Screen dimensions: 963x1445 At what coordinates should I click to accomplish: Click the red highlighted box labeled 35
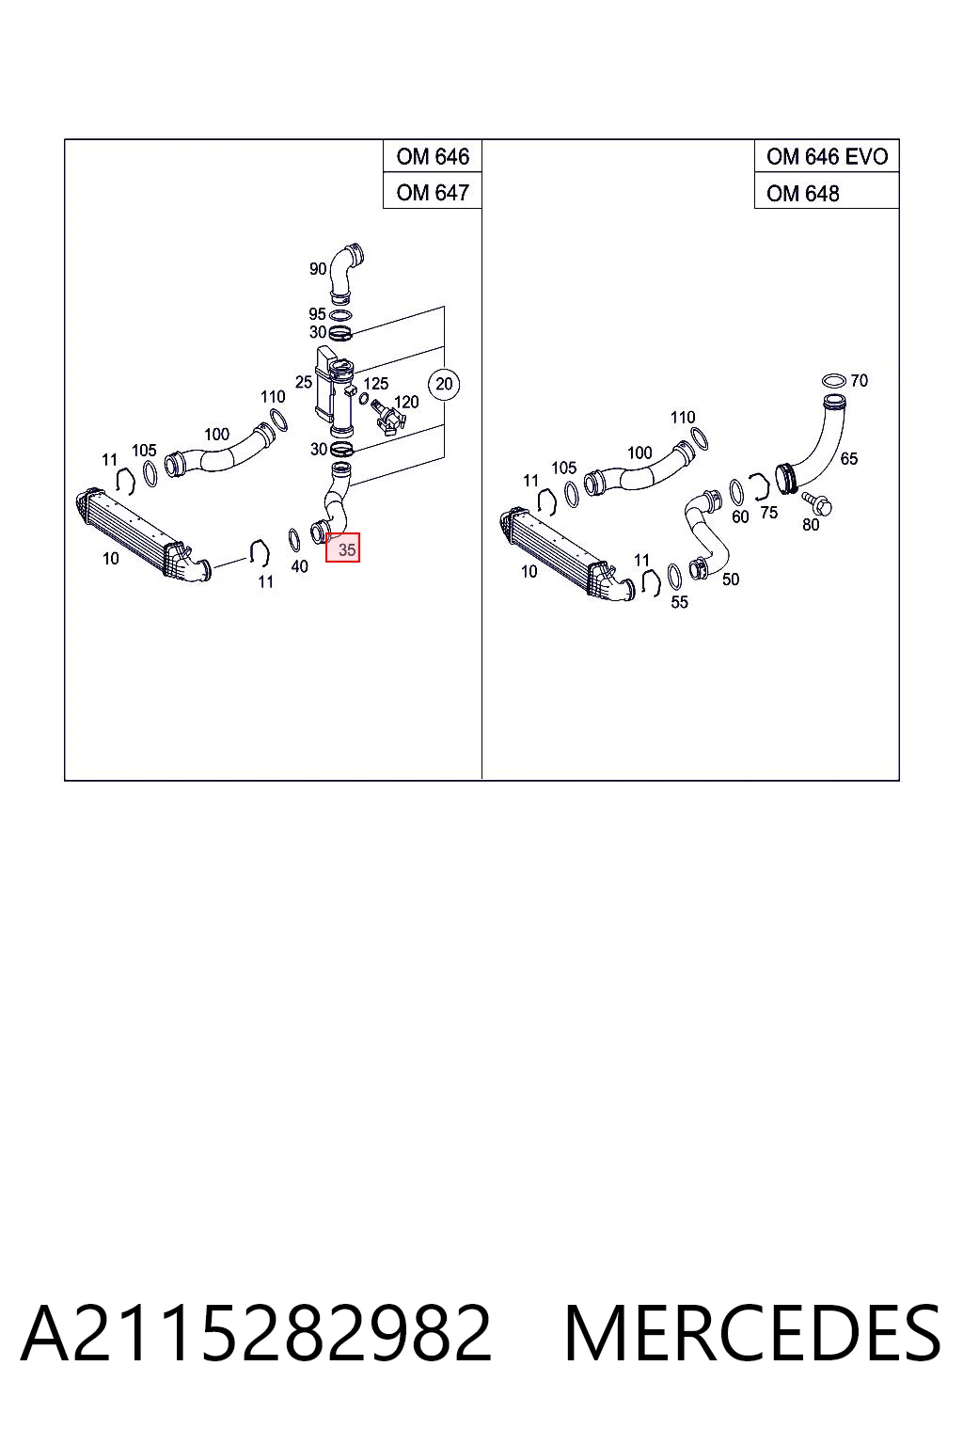(342, 547)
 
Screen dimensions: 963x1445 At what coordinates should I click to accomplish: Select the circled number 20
(444, 384)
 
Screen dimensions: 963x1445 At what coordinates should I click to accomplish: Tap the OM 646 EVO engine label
(827, 156)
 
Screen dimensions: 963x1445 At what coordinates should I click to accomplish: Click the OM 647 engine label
(433, 192)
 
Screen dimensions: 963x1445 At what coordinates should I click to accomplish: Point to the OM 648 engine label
(802, 194)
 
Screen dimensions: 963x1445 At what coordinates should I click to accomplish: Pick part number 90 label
(318, 268)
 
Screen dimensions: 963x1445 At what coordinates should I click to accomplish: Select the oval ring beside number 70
(834, 380)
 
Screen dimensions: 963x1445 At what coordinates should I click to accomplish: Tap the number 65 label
(849, 459)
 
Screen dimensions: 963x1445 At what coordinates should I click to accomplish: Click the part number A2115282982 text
(256, 1333)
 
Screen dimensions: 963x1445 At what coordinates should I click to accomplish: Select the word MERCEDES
(752, 1333)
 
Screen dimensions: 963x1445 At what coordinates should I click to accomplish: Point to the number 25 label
(304, 382)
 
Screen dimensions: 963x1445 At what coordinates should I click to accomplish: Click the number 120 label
(406, 402)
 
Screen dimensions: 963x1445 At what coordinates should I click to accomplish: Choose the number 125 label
(376, 383)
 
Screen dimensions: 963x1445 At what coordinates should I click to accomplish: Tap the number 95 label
(317, 313)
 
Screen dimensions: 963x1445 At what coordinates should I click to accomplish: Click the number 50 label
(731, 580)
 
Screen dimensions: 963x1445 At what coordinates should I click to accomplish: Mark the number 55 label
(679, 602)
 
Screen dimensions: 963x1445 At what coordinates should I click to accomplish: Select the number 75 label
(769, 513)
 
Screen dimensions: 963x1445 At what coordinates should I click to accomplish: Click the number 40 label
(299, 566)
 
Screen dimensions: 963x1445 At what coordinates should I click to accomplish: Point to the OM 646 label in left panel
(433, 156)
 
